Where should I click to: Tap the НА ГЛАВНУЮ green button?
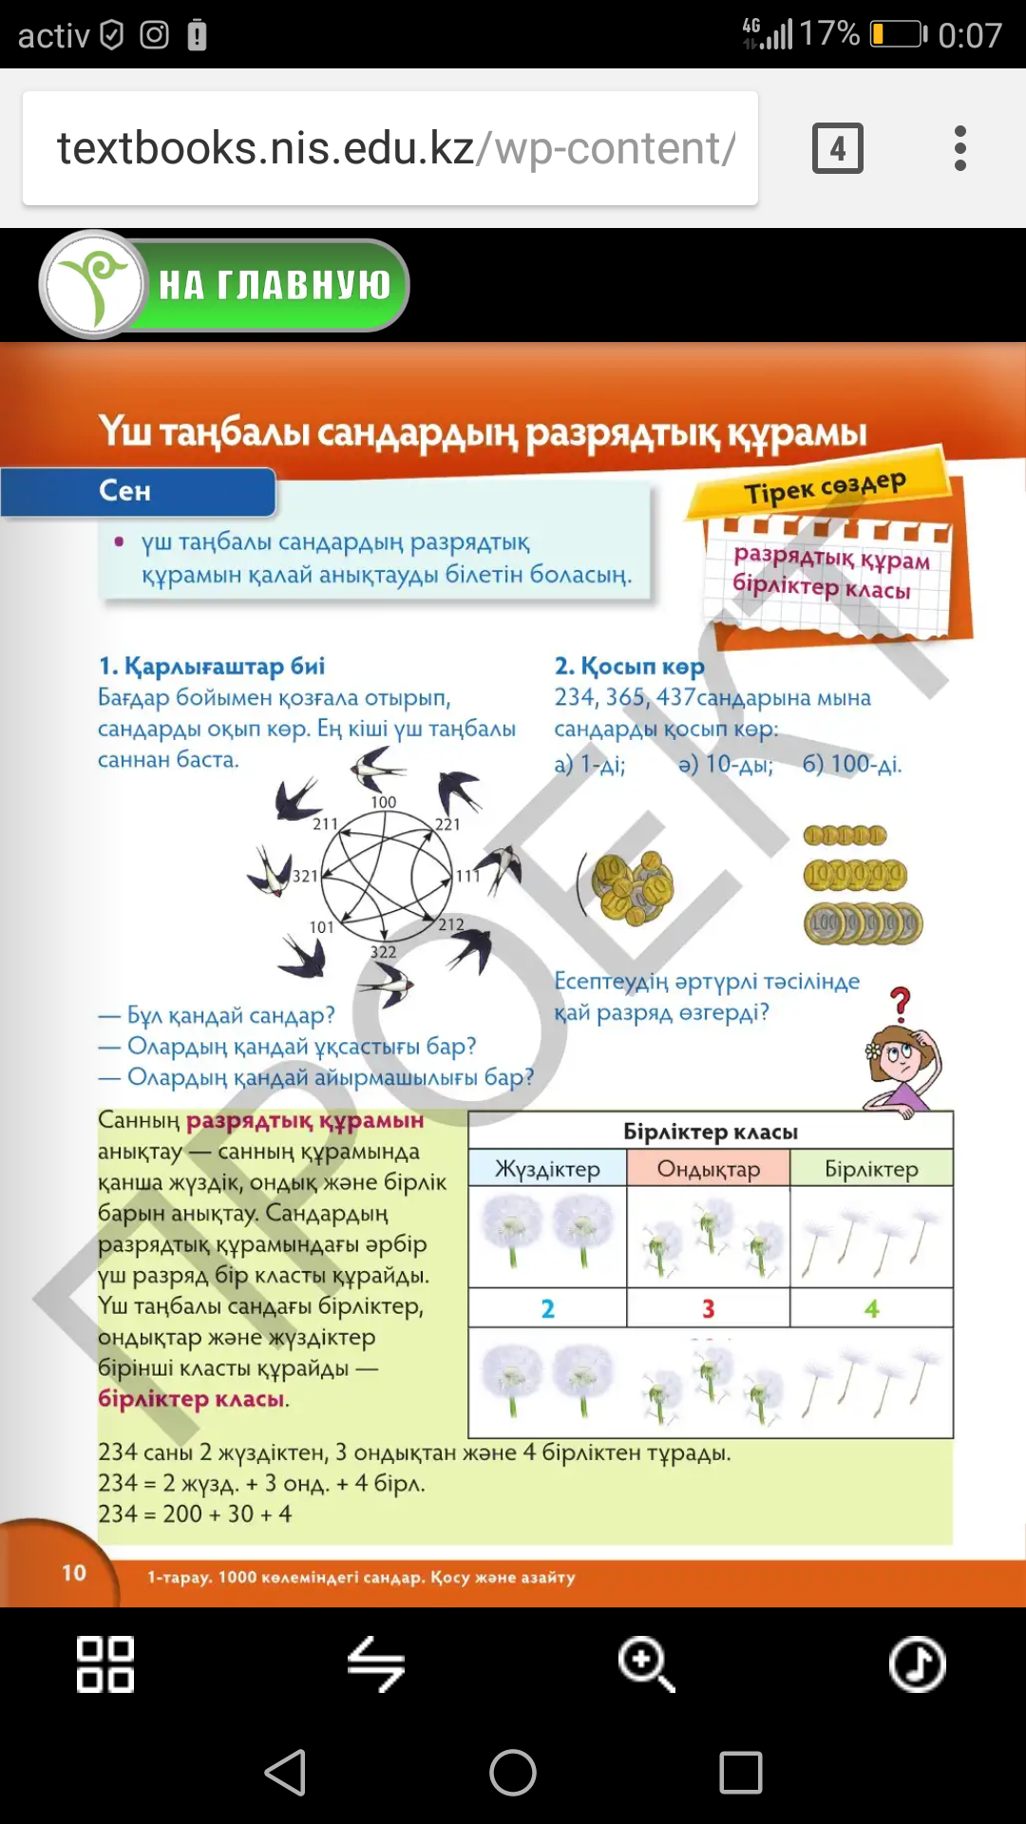click(x=273, y=285)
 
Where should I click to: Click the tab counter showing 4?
click(x=837, y=148)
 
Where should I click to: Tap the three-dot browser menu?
click(x=960, y=148)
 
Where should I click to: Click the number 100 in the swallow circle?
click(x=383, y=802)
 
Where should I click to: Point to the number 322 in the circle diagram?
click(x=383, y=952)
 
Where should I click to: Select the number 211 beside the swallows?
click(x=325, y=824)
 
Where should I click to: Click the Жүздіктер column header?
click(x=547, y=1168)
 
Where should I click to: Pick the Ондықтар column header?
click(x=709, y=1168)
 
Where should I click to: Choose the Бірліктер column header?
click(x=871, y=1168)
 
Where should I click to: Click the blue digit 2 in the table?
click(x=547, y=1308)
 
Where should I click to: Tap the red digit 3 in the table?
click(x=708, y=1308)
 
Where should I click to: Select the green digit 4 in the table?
click(x=871, y=1308)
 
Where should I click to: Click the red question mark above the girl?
click(x=900, y=1003)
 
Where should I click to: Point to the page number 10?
click(x=74, y=1572)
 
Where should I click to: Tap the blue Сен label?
click(x=125, y=491)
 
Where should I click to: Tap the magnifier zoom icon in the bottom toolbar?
click(x=646, y=1664)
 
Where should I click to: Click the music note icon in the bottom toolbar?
click(x=917, y=1664)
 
